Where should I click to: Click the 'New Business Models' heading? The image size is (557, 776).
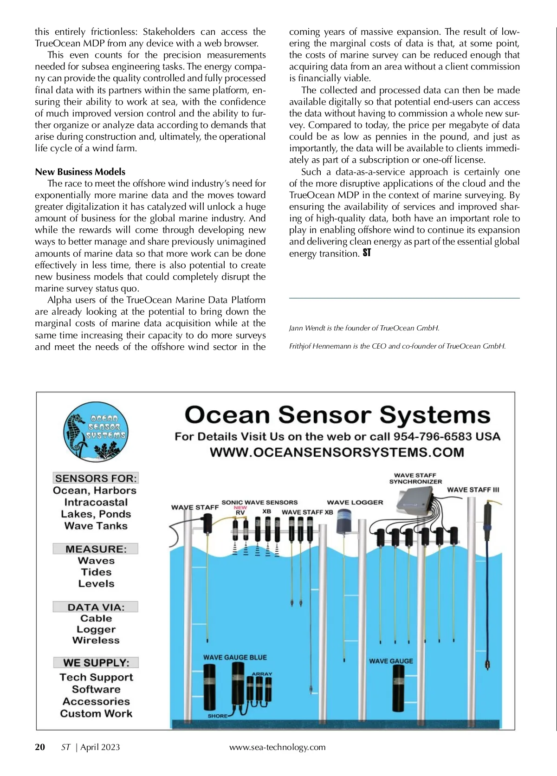(x=80, y=172)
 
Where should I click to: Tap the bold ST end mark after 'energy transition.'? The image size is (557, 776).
(x=367, y=253)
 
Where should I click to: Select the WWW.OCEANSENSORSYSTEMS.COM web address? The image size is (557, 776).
(x=337, y=452)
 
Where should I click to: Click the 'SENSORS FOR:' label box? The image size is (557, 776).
(x=96, y=478)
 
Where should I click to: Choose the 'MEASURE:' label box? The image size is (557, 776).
(x=96, y=549)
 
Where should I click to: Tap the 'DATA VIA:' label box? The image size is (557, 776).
(x=96, y=607)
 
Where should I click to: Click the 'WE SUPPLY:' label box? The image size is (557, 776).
(x=96, y=662)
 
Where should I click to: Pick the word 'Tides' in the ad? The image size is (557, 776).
(x=96, y=572)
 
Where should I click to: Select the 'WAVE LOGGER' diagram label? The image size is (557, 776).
(x=355, y=502)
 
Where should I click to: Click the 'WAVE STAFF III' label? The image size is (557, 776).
(x=473, y=490)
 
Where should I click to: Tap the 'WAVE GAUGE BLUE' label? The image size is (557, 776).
(x=235, y=657)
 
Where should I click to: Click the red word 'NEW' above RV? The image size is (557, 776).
(x=240, y=508)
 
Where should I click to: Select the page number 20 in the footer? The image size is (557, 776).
(x=40, y=747)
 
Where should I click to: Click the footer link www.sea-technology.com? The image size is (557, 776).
(x=277, y=747)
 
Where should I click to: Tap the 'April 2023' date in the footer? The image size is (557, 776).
(x=100, y=747)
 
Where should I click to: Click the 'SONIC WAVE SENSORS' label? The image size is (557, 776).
(x=259, y=502)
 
